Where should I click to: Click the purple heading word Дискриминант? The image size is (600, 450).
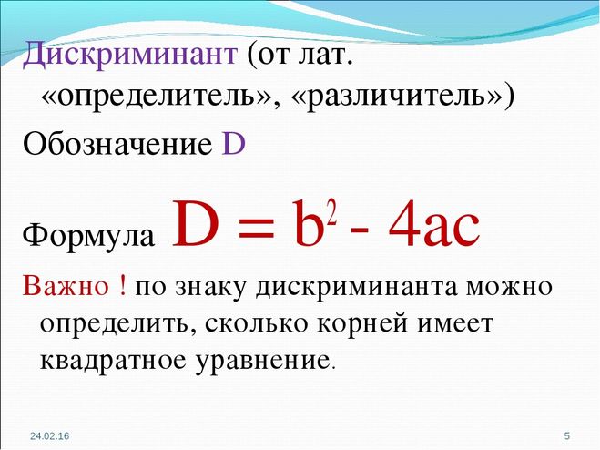tap(130, 55)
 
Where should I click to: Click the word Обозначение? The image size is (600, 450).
tap(117, 144)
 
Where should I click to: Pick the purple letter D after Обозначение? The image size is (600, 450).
tap(233, 144)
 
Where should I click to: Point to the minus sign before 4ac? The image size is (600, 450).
tap(361, 233)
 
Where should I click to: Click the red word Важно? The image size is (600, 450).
tap(66, 286)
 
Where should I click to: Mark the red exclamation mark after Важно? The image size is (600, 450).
tap(122, 286)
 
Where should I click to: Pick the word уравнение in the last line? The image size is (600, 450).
tap(261, 361)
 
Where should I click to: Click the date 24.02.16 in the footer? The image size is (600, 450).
tap(50, 435)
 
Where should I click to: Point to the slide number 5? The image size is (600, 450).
tap(567, 435)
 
